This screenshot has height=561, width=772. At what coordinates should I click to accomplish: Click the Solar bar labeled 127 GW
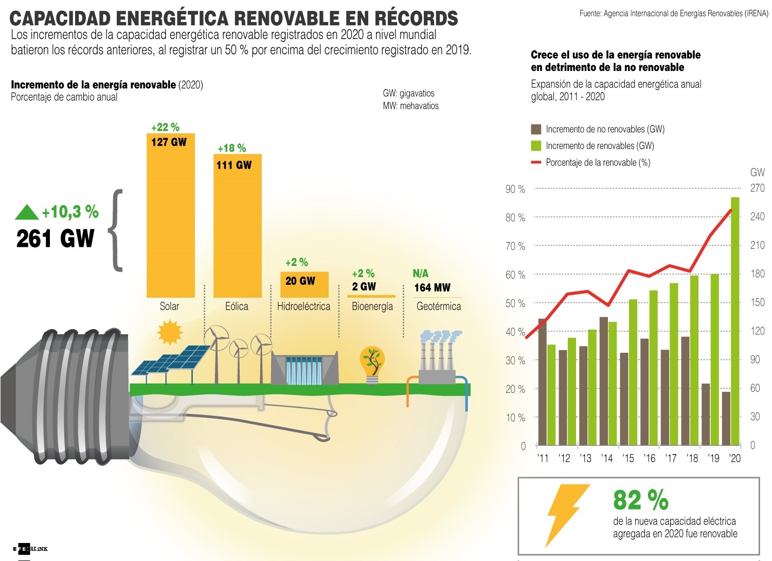(x=171, y=216)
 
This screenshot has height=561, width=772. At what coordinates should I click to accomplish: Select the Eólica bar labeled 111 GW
(x=237, y=226)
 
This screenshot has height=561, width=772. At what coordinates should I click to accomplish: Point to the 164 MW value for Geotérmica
(x=432, y=287)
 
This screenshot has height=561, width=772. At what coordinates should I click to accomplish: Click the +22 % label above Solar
(x=165, y=128)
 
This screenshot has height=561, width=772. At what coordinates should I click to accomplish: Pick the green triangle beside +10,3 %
(x=27, y=212)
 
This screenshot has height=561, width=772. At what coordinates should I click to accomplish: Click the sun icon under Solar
(x=169, y=332)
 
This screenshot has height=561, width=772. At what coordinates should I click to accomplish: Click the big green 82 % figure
(x=640, y=499)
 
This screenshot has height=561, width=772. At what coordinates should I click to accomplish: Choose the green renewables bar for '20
(x=735, y=321)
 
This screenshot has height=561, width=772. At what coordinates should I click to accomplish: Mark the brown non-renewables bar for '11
(x=542, y=382)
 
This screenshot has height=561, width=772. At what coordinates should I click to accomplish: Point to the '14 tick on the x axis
(x=607, y=458)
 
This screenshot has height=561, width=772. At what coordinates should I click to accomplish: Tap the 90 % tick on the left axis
(x=515, y=189)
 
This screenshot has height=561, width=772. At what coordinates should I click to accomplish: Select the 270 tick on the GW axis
(x=757, y=188)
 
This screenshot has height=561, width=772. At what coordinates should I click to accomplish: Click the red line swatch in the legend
(x=536, y=162)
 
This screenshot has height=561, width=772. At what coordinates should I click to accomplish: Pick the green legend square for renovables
(x=536, y=146)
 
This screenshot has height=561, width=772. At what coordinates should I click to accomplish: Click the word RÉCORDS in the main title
(x=416, y=19)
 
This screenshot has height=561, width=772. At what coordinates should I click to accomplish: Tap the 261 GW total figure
(x=55, y=239)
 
